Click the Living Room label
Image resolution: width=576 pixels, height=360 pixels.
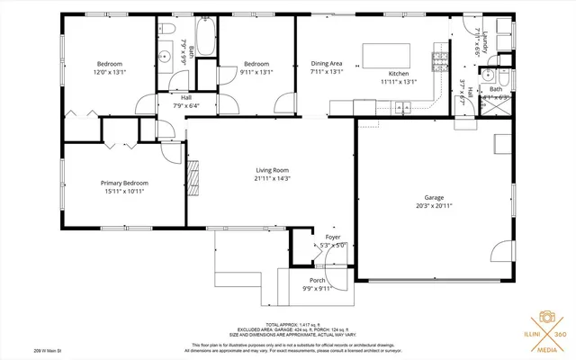coord(272,169)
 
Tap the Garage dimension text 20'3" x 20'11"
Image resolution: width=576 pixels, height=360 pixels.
coord(434,205)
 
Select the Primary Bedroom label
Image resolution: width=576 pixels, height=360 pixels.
coord(124,183)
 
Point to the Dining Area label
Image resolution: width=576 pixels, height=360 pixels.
coord(326,64)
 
